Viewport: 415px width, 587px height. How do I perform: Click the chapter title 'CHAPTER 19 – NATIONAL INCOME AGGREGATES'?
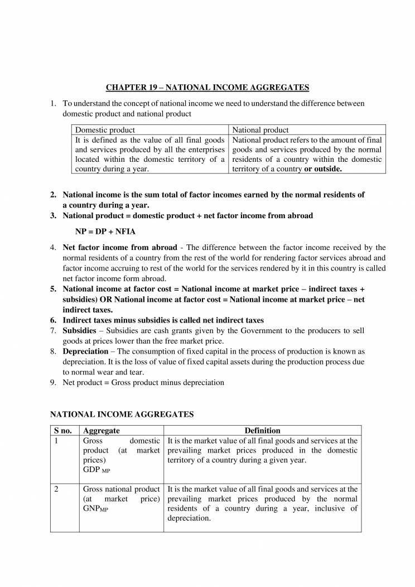point(207,88)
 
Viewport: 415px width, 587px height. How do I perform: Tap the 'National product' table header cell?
point(260,130)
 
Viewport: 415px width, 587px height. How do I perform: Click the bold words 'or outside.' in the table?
point(323,169)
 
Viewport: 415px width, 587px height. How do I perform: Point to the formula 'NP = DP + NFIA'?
point(105,231)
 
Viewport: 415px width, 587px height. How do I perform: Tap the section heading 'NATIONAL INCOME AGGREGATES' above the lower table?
point(122,415)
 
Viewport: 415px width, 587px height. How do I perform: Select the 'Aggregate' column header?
point(101,431)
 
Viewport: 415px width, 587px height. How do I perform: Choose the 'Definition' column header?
point(262,431)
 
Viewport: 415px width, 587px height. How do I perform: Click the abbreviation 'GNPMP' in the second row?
point(95,509)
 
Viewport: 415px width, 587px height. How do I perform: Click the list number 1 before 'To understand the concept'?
point(53,103)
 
